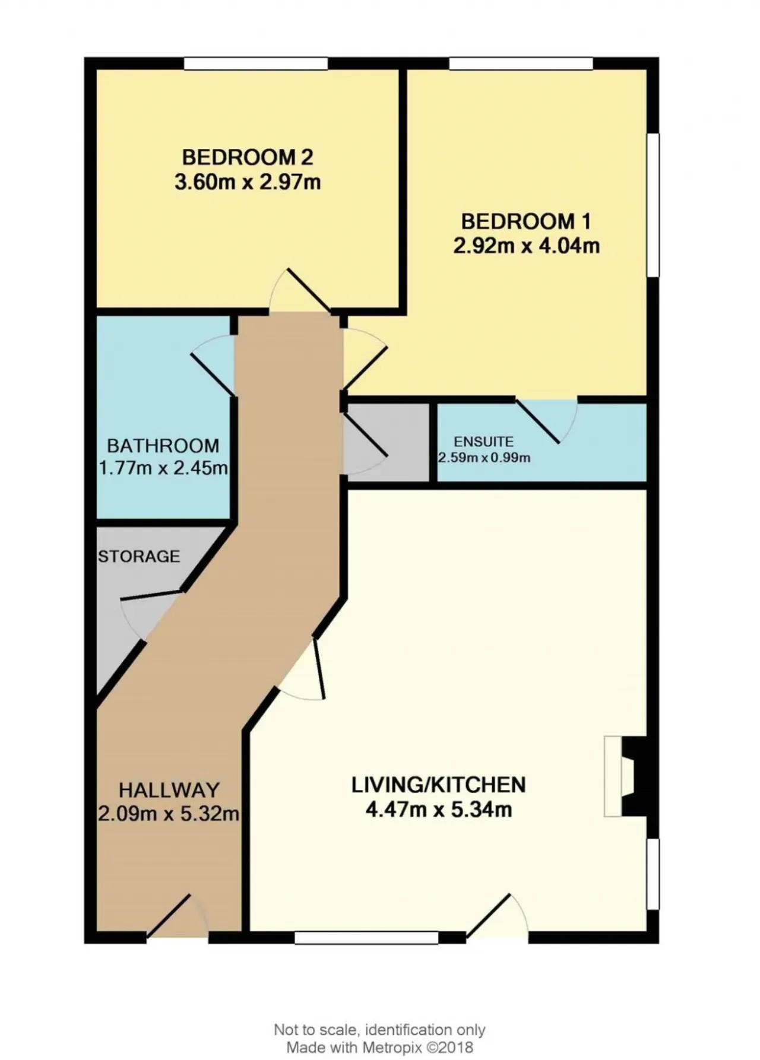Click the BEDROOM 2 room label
247,157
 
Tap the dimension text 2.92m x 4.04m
526,246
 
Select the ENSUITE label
483,442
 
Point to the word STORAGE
139,556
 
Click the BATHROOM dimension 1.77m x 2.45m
163,468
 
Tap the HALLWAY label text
169,790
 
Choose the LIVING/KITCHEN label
439,785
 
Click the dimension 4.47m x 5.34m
439,810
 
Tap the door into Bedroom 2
300,291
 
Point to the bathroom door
213,366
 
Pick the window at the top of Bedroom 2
256,63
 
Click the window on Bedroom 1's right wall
653,205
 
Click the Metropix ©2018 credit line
380,1048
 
